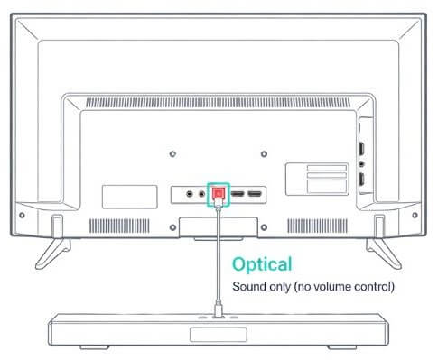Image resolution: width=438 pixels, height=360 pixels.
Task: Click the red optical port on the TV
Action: pos(218,192)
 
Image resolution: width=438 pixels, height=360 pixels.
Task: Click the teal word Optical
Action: pos(262,264)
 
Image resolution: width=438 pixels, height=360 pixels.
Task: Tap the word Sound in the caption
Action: pos(249,286)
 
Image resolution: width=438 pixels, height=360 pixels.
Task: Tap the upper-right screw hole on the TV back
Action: pos(263,127)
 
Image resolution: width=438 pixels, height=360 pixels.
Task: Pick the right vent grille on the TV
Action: pos(316,222)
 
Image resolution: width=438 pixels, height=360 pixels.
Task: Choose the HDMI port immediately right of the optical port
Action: pos(238,192)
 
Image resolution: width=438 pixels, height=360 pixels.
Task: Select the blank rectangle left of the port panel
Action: pos(123,195)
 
